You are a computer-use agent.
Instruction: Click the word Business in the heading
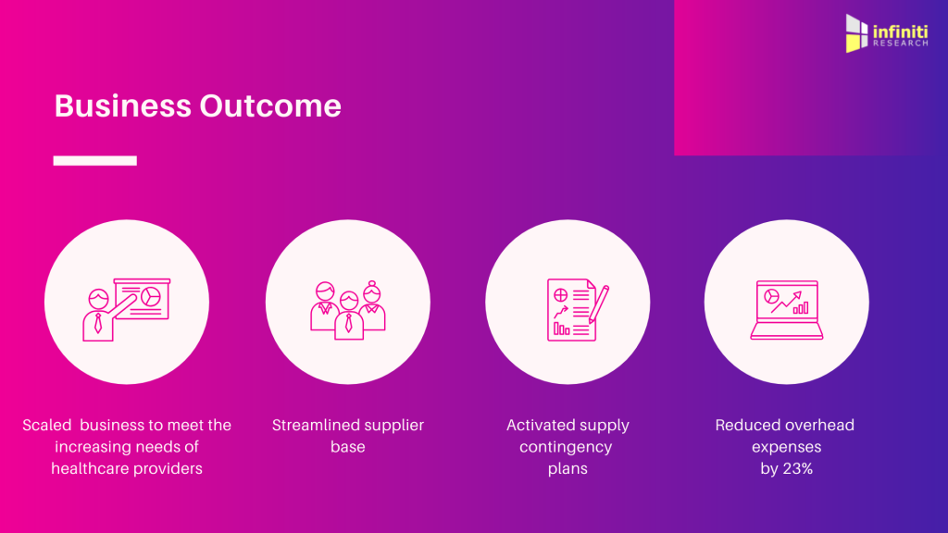point(123,105)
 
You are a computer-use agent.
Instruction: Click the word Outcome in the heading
point(270,105)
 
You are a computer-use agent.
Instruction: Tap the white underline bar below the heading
point(95,161)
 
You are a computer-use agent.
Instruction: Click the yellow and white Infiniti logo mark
point(856,33)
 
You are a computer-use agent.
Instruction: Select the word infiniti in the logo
point(900,31)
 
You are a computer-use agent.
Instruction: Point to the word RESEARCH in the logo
point(900,43)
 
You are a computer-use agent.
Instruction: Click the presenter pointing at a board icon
point(126,309)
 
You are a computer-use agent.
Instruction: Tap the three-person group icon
point(348,309)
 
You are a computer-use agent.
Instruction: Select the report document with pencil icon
point(578,309)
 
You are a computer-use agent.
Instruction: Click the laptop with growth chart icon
point(787,309)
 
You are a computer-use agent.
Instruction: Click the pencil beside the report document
point(599,304)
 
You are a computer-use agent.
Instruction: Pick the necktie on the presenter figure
point(98,323)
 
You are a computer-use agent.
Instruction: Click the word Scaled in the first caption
point(46,426)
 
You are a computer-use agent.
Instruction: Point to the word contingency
point(566,448)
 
